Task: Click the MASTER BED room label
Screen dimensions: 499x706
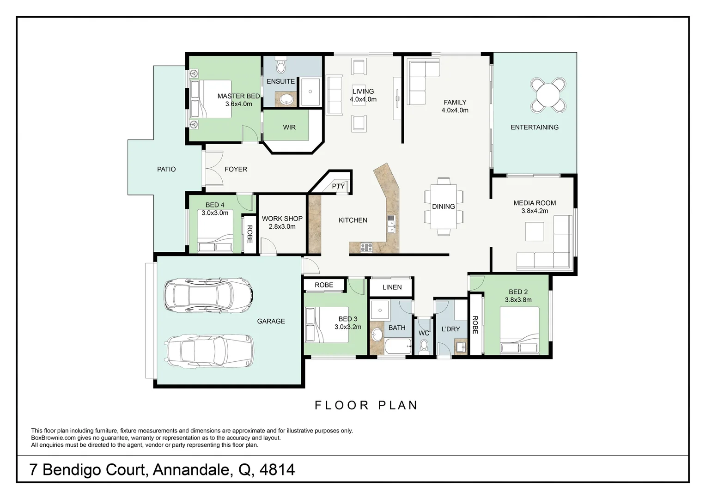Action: tap(238, 96)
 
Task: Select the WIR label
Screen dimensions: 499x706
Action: tap(289, 127)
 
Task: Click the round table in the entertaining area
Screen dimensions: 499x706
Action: tap(548, 95)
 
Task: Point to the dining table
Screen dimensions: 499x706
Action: tap(444, 207)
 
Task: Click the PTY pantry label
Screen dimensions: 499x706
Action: tap(338, 186)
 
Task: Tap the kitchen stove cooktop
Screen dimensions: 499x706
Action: tap(366, 247)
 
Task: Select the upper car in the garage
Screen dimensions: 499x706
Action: tap(208, 296)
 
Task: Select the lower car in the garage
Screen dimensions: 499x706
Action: tap(210, 351)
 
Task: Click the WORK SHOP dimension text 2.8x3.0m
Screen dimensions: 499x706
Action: tap(282, 226)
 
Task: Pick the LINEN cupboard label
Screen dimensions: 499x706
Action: tap(392, 287)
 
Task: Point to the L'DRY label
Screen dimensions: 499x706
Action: tap(450, 329)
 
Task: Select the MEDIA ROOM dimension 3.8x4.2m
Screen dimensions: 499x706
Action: tap(535, 211)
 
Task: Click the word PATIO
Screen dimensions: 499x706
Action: tap(166, 169)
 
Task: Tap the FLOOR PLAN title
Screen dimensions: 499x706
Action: tap(366, 405)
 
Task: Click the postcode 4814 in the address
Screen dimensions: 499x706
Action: tap(277, 469)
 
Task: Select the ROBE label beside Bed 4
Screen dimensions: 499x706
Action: tap(250, 234)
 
